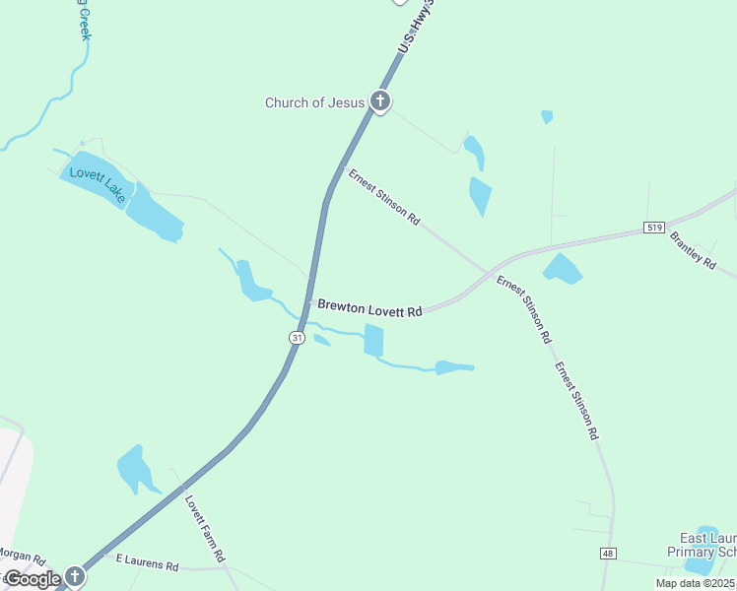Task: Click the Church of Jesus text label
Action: (314, 102)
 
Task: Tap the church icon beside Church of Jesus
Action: (380, 100)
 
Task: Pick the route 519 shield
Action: (652, 228)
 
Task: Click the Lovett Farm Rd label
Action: (205, 527)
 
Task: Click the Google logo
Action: (32, 579)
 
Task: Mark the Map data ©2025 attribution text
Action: (696, 583)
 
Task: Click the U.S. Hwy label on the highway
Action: (415, 28)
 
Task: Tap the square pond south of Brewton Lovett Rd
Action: (373, 340)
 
